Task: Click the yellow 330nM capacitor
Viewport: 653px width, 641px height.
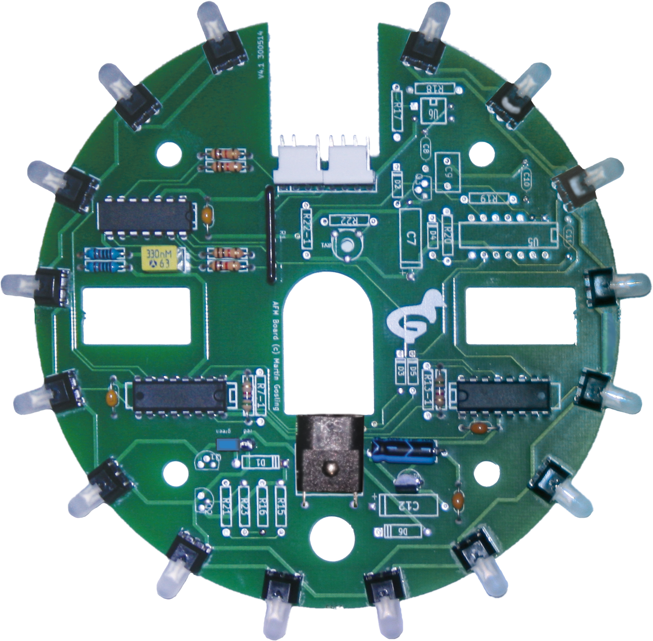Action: tap(162, 258)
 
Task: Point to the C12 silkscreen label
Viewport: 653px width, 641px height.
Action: tap(408, 506)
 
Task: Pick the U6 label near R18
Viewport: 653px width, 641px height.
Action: tap(433, 111)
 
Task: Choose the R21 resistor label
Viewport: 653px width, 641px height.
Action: tap(226, 507)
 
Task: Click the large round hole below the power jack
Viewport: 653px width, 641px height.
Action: tap(333, 538)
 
